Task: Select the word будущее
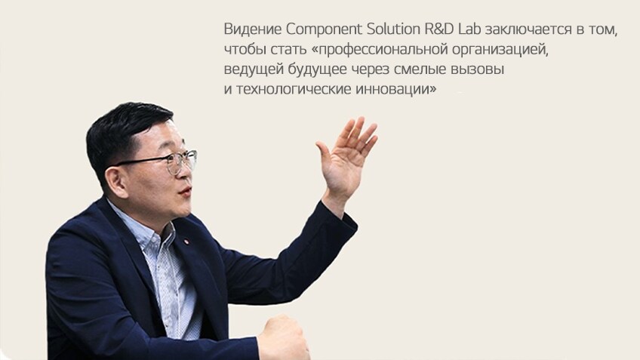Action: coord(318,69)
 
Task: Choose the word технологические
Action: coord(294,89)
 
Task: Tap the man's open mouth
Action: coord(186,192)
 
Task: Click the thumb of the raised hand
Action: coord(325,154)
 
